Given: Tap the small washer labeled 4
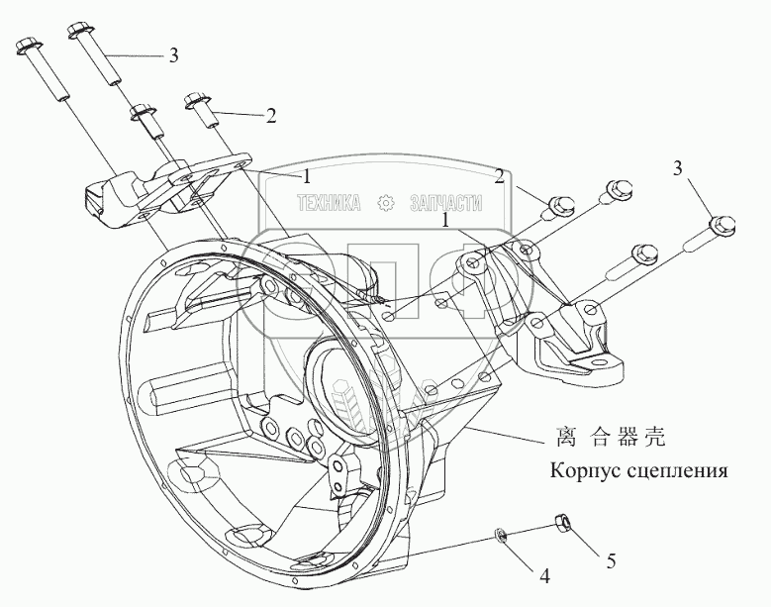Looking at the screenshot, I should click(502, 537).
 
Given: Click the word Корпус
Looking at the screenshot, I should click(586, 468).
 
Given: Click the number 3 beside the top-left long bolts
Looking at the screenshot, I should click(174, 55).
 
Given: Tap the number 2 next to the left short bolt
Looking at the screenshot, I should click(269, 115).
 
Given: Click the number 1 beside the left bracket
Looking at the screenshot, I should click(307, 176).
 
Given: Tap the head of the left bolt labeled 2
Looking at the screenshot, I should click(194, 100).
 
